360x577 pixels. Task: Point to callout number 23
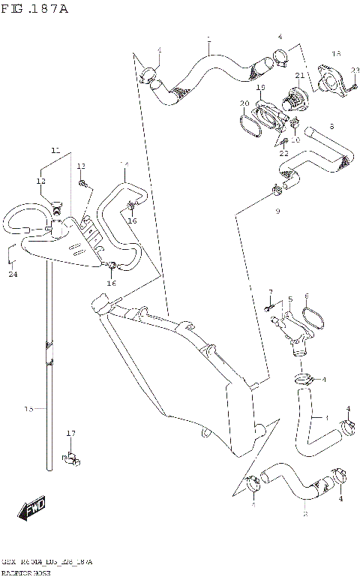[x=355, y=70]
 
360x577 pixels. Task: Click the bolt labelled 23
[x=349, y=86]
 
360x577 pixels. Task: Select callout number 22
[x=283, y=153]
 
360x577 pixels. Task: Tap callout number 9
[x=277, y=212]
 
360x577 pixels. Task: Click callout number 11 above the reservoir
[x=55, y=151]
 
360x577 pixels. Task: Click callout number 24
[x=12, y=275]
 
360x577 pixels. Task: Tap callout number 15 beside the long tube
[x=28, y=409]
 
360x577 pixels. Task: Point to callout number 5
[x=289, y=299]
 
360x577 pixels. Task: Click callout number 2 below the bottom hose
[x=304, y=515]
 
